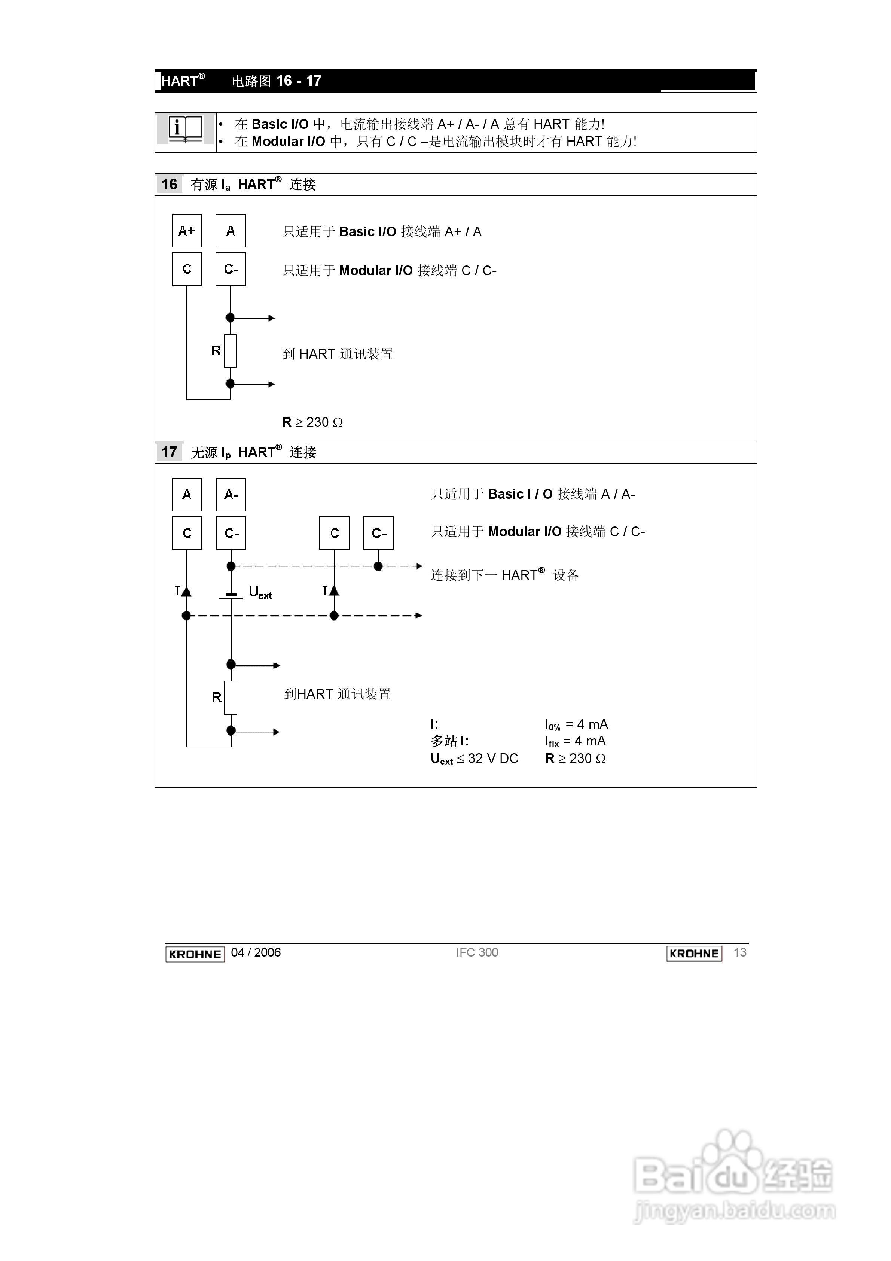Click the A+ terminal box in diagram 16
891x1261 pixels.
point(187,231)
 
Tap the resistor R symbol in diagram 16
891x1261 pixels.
point(231,351)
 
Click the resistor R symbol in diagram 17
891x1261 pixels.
point(231,698)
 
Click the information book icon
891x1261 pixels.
point(185,130)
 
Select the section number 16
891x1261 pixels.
point(169,185)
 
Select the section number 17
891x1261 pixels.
point(169,452)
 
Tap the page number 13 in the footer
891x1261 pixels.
point(740,953)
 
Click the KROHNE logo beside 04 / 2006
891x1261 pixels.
point(195,954)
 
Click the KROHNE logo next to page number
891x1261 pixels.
point(694,954)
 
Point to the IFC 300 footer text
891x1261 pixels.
point(477,953)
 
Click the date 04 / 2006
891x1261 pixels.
point(256,953)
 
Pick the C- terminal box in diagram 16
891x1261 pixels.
point(231,269)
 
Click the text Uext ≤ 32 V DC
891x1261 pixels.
point(475,759)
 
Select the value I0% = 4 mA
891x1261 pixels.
point(576,725)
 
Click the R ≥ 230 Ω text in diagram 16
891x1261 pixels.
point(312,422)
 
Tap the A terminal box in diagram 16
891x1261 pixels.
point(231,231)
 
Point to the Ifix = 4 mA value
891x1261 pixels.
point(575,741)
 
